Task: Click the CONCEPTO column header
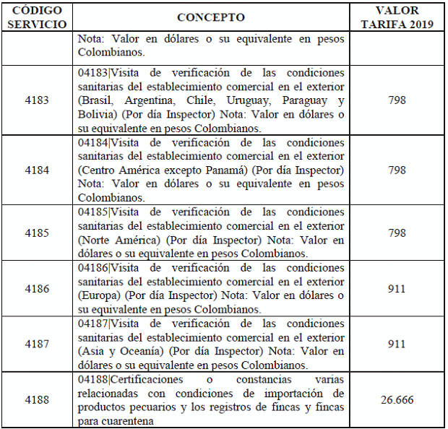[210, 17]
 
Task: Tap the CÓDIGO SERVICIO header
[37, 17]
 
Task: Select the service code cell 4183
[37, 100]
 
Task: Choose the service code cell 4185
[37, 233]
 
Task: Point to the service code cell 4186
[37, 289]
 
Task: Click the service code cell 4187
[37, 344]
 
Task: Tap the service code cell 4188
[37, 399]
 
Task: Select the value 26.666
[396, 399]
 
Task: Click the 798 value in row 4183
[396, 100]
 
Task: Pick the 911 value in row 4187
[396, 344]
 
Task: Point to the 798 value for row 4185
[396, 233]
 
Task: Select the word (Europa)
[99, 295]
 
